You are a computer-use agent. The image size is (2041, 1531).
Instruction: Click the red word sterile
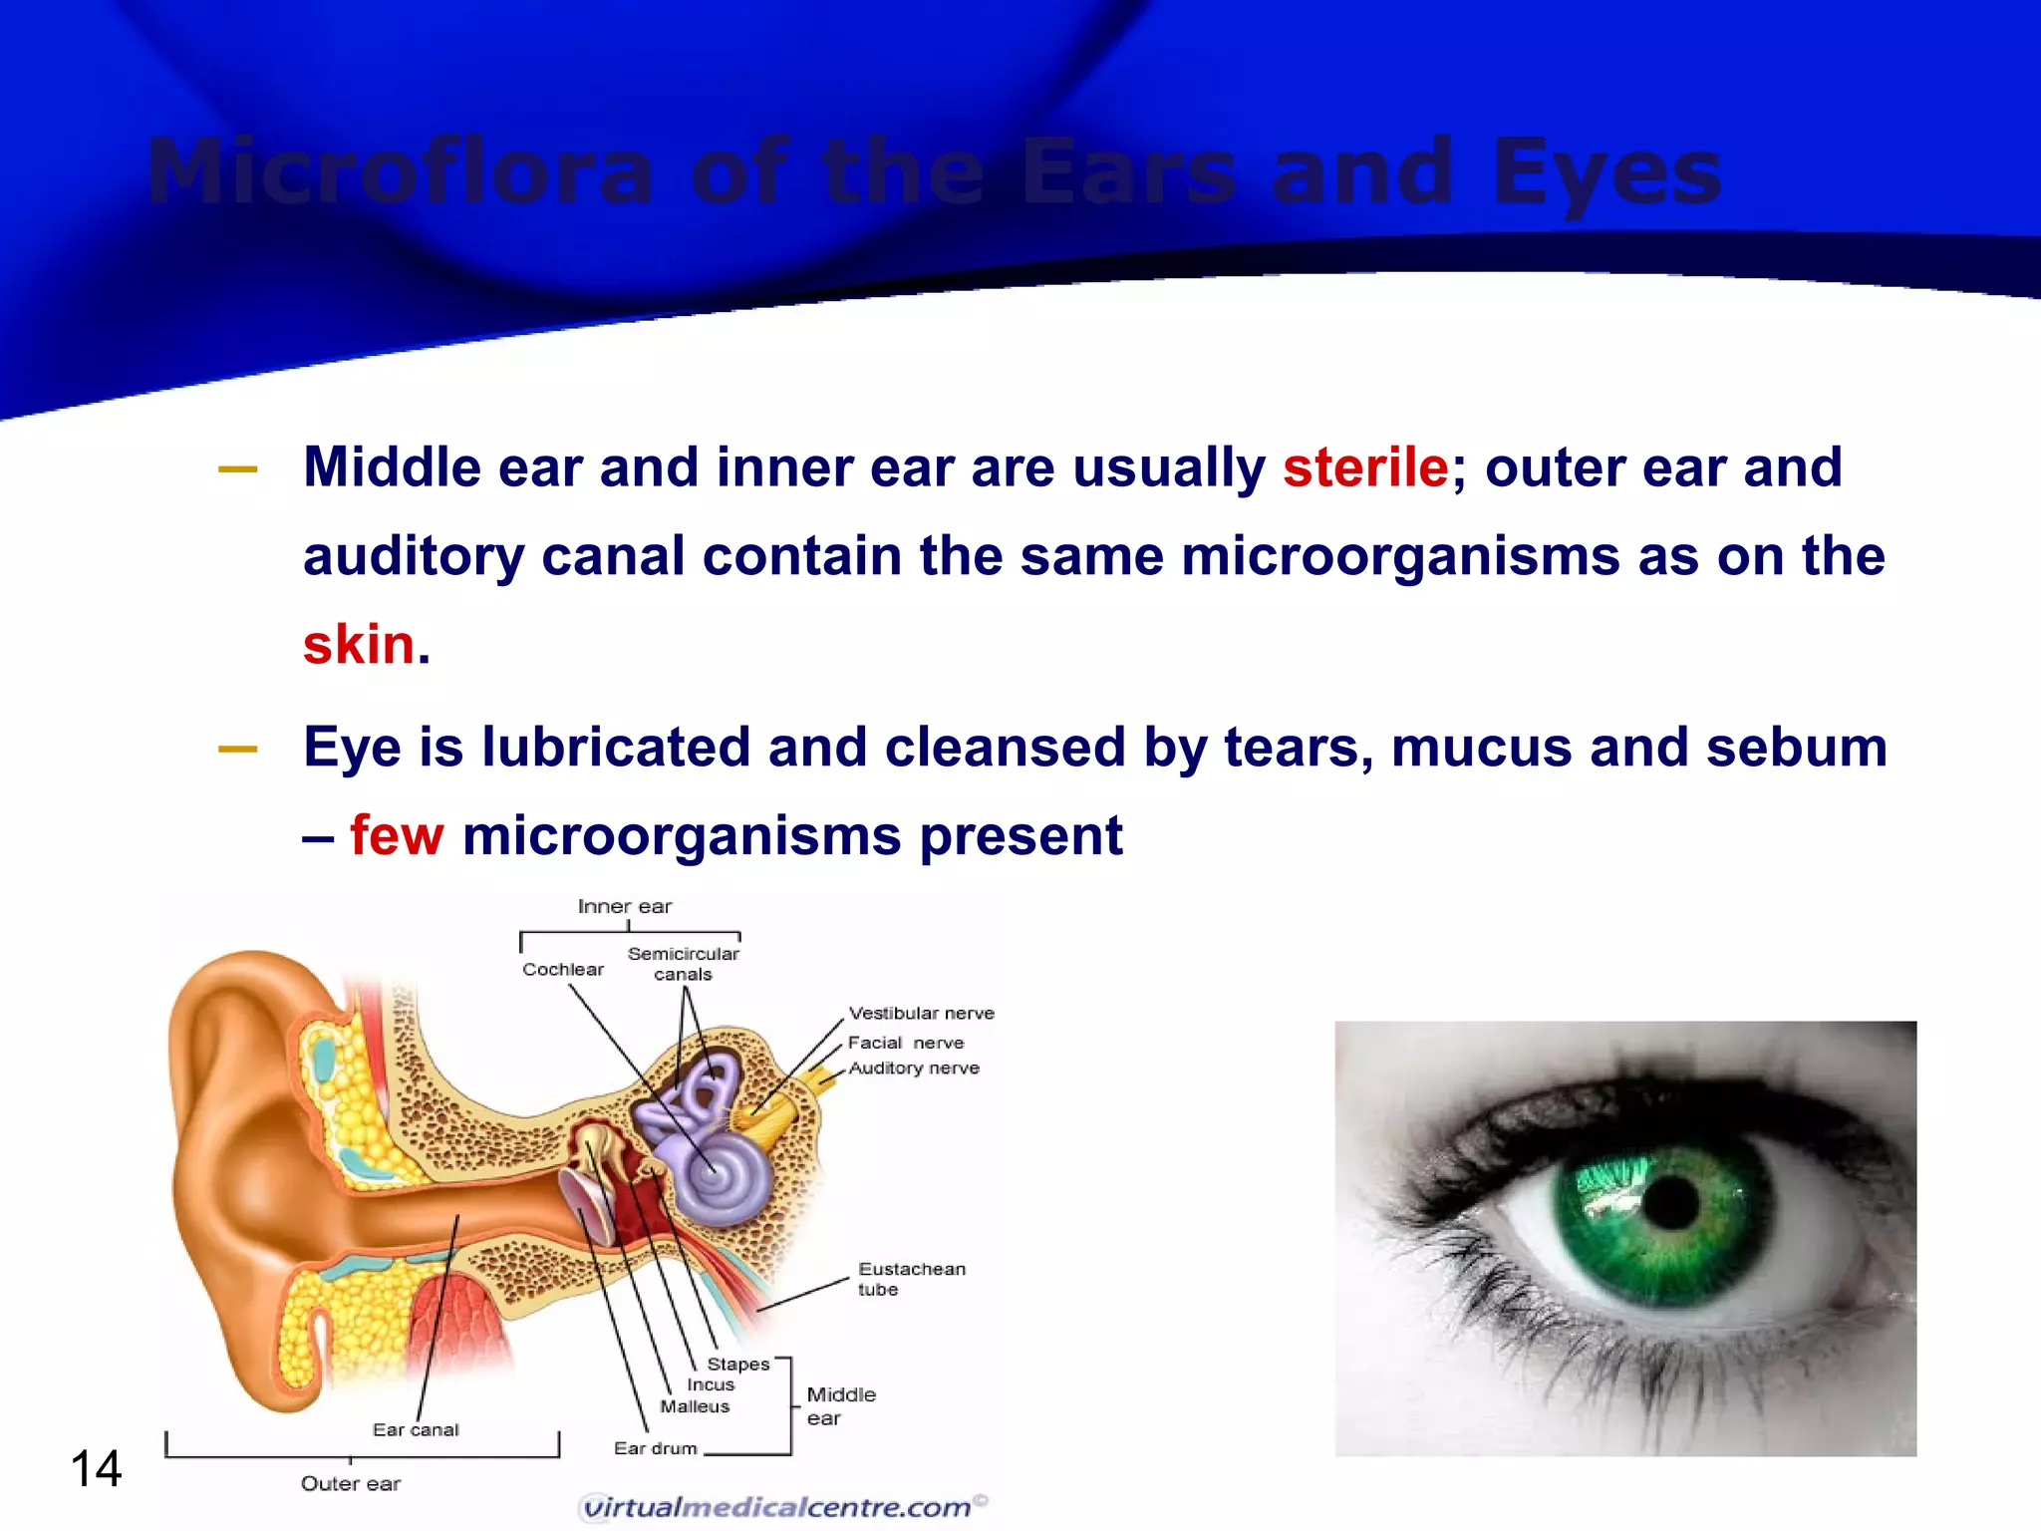coord(1364,467)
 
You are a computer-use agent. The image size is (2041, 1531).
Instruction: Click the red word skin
coord(358,644)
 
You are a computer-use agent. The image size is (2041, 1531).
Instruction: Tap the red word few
coord(396,835)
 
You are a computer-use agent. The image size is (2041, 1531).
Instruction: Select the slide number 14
coord(96,1469)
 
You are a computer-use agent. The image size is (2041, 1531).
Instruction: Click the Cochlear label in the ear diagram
coord(562,969)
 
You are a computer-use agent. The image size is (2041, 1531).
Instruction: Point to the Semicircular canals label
coord(683,963)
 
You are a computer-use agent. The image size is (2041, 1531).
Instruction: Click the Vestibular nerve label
coord(921,1013)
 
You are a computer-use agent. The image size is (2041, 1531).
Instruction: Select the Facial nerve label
coord(905,1043)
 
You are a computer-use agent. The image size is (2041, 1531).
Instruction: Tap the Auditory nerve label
coord(913,1068)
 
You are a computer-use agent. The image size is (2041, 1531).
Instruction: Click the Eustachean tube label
coord(910,1278)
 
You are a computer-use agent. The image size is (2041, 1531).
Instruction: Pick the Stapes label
coord(737,1364)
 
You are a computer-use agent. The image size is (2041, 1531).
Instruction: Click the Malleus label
coord(694,1406)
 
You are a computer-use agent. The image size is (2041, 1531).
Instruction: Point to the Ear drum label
coord(655,1448)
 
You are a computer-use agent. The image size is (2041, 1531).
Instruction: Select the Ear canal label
coord(416,1429)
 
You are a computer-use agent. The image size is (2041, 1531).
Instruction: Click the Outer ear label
coord(350,1483)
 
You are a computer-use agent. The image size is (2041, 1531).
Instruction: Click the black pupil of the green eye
coord(1670,1202)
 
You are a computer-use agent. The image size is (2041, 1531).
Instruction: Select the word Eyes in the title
coord(1605,171)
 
